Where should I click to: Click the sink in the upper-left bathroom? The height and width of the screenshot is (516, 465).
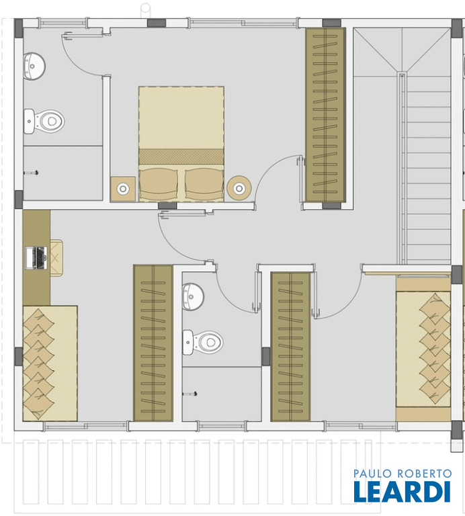[34, 66]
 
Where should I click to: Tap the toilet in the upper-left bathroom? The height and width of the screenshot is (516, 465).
[44, 122]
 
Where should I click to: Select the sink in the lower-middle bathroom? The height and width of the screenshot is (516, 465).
[193, 296]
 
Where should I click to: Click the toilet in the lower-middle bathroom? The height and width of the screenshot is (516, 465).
[203, 342]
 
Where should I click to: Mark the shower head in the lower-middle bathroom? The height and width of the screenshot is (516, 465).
[190, 393]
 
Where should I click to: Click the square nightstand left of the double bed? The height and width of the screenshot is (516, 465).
[123, 189]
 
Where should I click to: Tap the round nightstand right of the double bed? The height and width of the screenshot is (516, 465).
[239, 189]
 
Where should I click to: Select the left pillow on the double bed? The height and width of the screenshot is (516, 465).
[159, 184]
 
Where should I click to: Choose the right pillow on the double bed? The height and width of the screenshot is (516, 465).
[204, 184]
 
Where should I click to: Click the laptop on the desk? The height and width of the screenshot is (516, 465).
[36, 258]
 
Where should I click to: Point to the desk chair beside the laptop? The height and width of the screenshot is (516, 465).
[56, 258]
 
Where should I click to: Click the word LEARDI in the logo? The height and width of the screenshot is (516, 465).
[402, 491]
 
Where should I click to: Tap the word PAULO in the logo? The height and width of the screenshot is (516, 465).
[373, 474]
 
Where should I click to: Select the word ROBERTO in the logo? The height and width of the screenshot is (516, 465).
[425, 474]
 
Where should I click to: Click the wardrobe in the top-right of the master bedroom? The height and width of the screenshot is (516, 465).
[325, 115]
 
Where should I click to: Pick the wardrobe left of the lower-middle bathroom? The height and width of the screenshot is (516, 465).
[153, 343]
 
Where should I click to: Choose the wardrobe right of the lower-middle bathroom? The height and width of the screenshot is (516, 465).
[290, 347]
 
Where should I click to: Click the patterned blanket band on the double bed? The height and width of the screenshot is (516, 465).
[181, 157]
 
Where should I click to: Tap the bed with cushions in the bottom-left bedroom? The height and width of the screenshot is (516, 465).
[50, 363]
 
